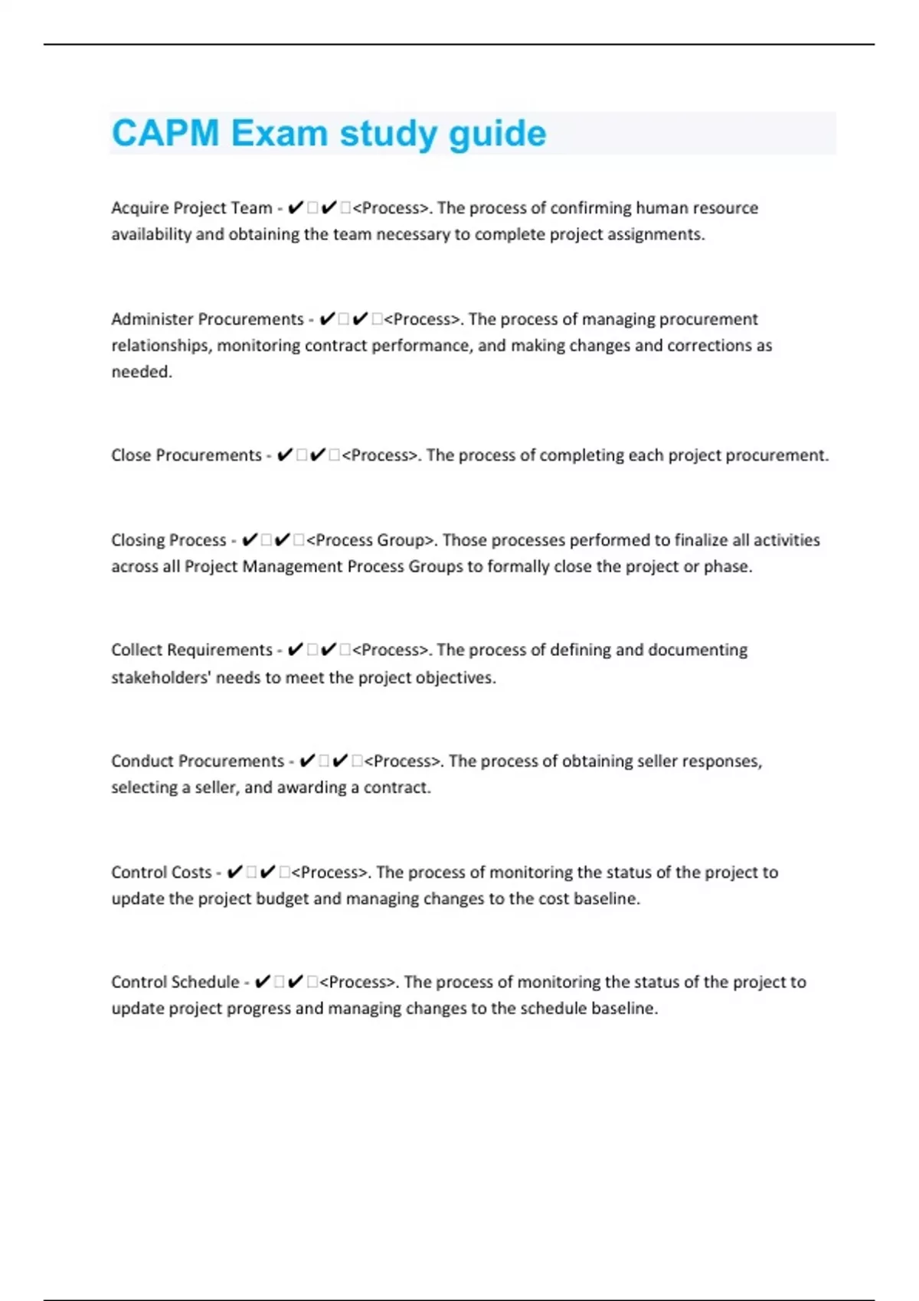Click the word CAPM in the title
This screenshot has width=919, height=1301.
[165, 133]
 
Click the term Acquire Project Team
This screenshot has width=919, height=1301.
[191, 208]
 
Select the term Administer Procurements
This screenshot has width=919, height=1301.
[208, 319]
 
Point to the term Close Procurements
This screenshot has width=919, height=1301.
[186, 455]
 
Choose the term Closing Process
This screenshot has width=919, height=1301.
[168, 540]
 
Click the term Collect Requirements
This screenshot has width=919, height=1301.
[191, 650]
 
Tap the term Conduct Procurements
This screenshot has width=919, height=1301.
[198, 761]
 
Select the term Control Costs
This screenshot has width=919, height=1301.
[161, 872]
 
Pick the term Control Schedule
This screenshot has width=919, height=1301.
[175, 982]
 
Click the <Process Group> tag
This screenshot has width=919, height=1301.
[370, 540]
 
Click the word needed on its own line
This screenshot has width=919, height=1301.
[141, 372]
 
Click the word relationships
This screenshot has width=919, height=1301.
[161, 346]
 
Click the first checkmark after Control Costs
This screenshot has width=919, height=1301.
[235, 872]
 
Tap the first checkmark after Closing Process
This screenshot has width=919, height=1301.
[249, 540]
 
